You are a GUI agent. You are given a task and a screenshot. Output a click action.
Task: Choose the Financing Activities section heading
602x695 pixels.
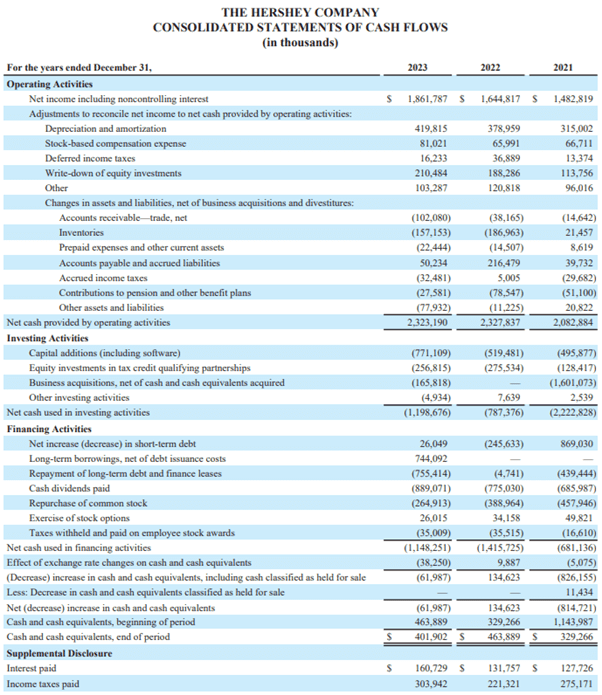(50, 427)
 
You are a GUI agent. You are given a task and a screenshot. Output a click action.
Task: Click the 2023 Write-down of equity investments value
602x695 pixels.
(430, 173)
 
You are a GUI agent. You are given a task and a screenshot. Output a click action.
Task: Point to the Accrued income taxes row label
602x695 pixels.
(103, 278)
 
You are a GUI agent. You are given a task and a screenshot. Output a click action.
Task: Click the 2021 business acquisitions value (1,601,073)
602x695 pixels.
(566, 382)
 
